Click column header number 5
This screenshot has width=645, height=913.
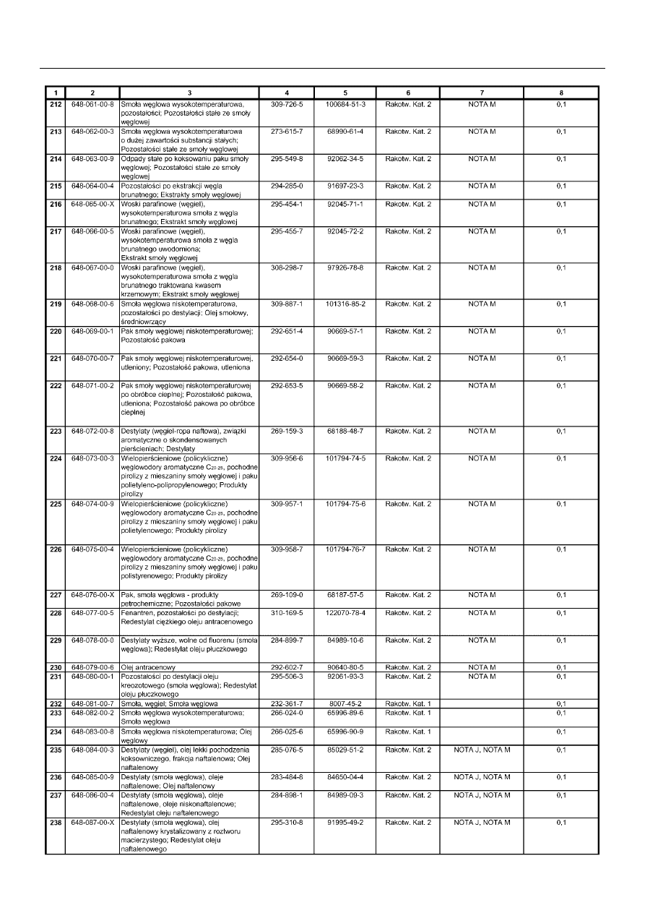pyautogui.click(x=345, y=93)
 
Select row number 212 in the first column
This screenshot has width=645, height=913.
pyautogui.click(x=55, y=105)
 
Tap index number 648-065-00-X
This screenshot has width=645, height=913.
pyautogui.click(x=92, y=205)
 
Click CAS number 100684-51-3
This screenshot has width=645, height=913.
pyautogui.click(x=345, y=105)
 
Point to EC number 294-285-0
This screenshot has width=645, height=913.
pyautogui.click(x=287, y=186)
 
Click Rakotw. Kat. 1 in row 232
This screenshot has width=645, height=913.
pyautogui.click(x=408, y=703)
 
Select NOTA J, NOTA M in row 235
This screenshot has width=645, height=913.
pyautogui.click(x=482, y=750)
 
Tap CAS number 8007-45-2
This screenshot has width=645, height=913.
pyautogui.click(x=345, y=703)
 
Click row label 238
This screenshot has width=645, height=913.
pyautogui.click(x=55, y=823)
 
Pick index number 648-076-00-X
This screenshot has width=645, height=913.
pyautogui.click(x=92, y=595)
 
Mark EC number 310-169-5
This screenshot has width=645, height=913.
pyautogui.click(x=287, y=613)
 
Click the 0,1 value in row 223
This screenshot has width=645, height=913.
pyautogui.click(x=561, y=431)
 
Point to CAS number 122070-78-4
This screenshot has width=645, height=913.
pyautogui.click(x=345, y=613)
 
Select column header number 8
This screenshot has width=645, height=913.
pyautogui.click(x=561, y=93)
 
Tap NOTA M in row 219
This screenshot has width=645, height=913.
pyautogui.click(x=482, y=304)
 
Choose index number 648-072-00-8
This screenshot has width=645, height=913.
pyautogui.click(x=92, y=431)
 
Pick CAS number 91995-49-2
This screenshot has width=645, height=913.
pyautogui.click(x=345, y=823)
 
